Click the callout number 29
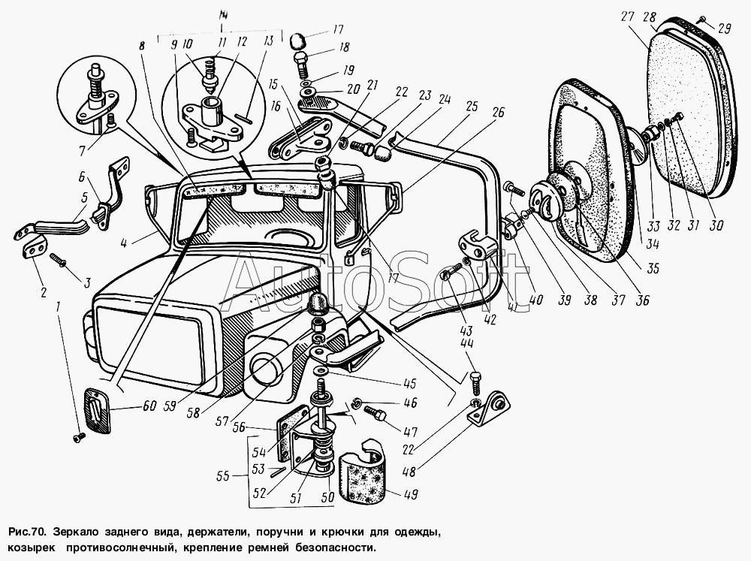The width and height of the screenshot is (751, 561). (x=724, y=29)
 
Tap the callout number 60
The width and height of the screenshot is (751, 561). (x=149, y=406)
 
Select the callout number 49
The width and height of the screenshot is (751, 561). (x=411, y=494)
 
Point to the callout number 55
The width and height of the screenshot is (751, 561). (x=223, y=476)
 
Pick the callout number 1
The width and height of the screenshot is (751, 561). (x=59, y=306)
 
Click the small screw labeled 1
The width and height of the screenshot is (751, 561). (x=80, y=437)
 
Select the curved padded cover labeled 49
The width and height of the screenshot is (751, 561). (x=362, y=470)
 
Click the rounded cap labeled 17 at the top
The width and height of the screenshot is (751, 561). (x=298, y=41)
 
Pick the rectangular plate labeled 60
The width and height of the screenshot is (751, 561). (x=97, y=408)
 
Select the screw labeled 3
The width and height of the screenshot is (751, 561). (x=58, y=260)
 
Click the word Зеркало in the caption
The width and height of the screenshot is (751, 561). (x=73, y=532)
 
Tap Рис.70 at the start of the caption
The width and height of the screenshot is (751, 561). (x=26, y=532)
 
